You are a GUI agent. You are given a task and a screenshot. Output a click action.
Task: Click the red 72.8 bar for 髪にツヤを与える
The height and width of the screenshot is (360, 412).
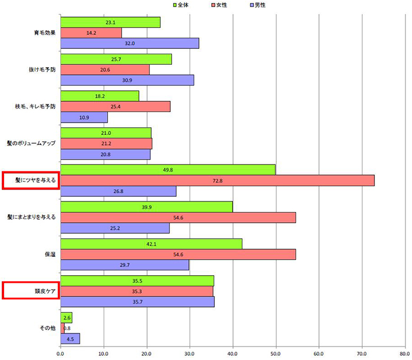point(217,181)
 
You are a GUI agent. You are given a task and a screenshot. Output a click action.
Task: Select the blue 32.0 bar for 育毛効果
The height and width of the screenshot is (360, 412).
point(129,43)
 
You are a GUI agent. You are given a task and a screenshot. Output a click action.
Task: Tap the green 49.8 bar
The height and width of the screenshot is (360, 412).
point(168,170)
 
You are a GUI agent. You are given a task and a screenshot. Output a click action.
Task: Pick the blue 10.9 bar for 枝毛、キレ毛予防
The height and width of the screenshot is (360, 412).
point(84,117)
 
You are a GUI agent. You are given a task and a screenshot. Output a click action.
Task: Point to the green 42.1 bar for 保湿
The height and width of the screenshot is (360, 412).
point(151,244)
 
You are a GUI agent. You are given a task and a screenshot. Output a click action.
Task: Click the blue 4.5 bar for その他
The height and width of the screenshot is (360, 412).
point(70,339)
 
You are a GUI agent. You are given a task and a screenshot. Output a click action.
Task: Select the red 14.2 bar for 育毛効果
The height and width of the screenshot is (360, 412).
point(91,32)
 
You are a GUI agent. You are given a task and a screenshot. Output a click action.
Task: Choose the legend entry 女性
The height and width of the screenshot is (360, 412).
point(217,5)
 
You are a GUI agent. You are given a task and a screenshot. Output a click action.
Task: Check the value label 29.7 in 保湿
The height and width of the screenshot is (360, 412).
point(124,265)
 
